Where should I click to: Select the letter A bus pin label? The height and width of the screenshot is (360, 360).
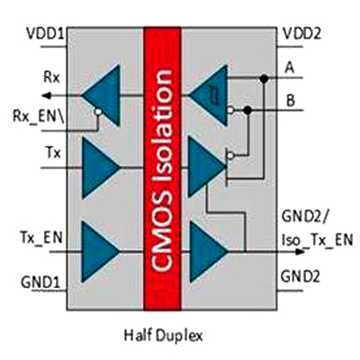click(289, 67)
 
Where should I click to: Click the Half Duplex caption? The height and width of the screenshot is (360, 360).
click(163, 336)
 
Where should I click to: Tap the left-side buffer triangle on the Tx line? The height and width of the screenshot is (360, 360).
click(101, 165)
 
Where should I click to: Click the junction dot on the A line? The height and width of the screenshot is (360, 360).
click(264, 79)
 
